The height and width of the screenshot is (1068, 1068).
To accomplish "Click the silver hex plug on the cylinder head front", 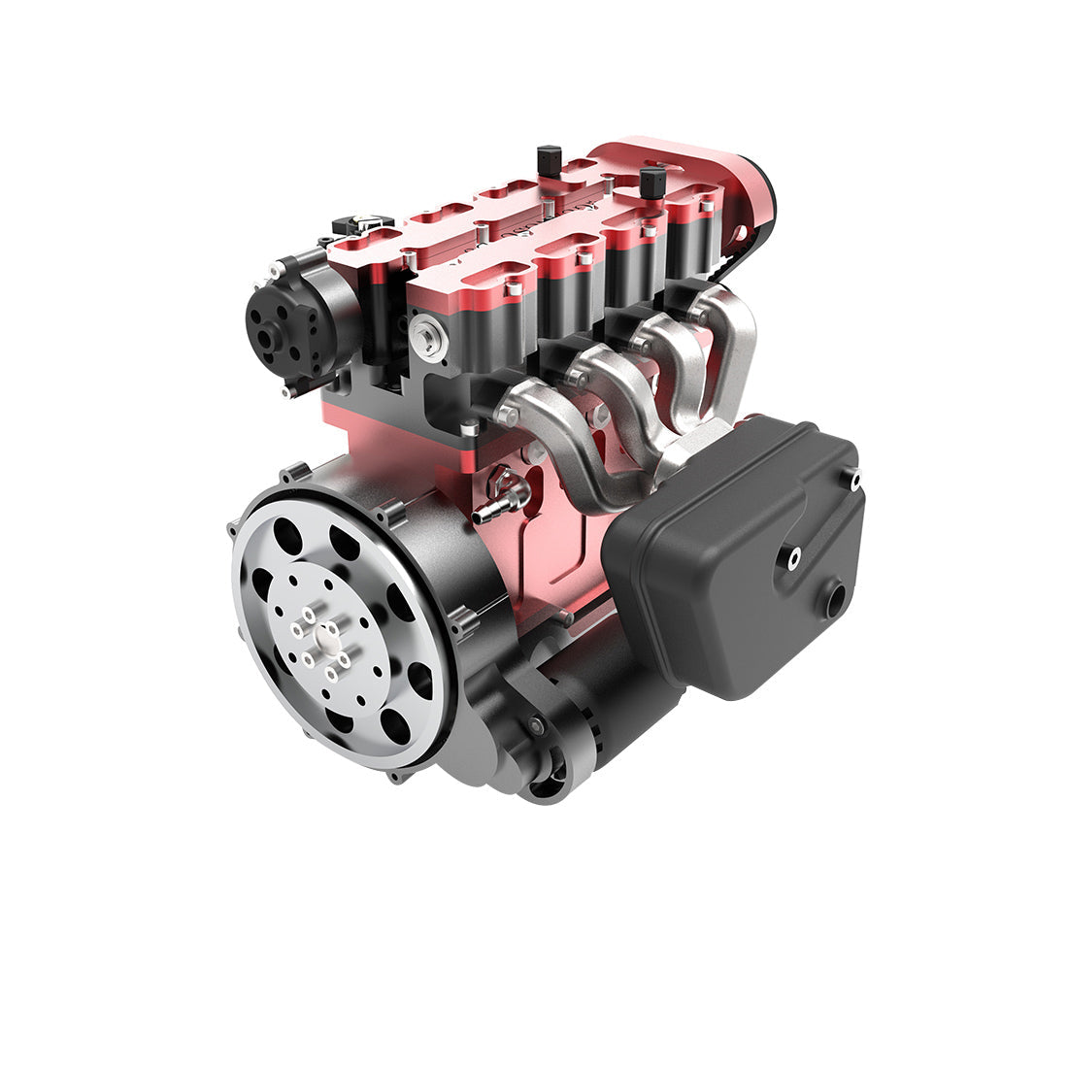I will click(424, 334).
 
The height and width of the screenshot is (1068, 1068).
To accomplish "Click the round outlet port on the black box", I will click(833, 597).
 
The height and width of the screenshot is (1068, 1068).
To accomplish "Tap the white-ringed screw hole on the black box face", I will click(794, 555).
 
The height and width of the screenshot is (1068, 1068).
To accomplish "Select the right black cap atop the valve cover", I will click(653, 181).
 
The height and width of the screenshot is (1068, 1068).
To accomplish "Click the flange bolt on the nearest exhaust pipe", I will click(506, 416).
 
